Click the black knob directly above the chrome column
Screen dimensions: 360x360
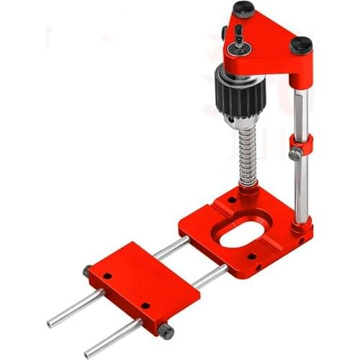(x=301, y=45)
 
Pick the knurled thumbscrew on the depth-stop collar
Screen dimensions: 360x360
(x=294, y=154)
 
